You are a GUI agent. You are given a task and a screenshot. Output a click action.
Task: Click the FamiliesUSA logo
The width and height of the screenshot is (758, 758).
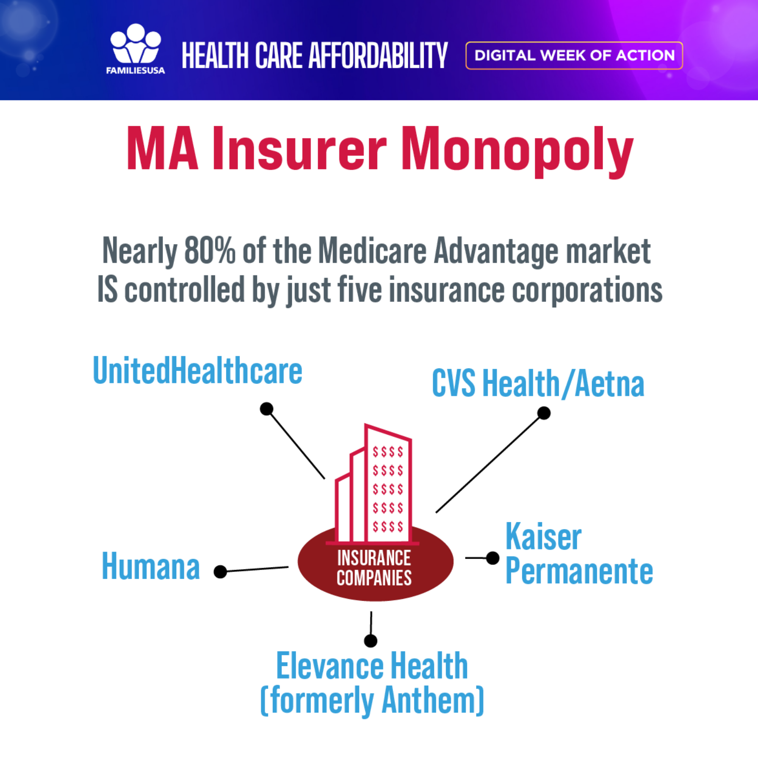coord(135,49)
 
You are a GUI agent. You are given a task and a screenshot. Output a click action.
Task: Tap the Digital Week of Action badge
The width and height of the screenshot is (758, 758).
coord(574,55)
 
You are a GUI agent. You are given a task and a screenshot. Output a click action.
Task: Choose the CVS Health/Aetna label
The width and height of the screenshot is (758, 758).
coord(538,383)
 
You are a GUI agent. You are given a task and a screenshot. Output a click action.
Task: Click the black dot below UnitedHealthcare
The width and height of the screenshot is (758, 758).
coord(266,409)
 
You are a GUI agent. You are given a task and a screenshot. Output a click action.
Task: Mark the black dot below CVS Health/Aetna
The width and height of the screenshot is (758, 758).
coord(544,413)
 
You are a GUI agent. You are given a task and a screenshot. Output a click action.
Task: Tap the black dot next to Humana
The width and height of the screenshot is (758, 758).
coord(221,572)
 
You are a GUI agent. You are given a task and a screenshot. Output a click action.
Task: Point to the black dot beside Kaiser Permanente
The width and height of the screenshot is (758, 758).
coord(493,558)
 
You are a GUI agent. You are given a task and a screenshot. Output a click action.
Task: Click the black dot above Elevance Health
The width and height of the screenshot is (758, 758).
coord(371,641)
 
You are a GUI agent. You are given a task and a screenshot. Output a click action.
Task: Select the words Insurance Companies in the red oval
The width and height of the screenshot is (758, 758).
coord(374,568)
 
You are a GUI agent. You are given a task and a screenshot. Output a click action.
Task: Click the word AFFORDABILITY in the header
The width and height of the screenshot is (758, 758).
coord(378,55)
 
